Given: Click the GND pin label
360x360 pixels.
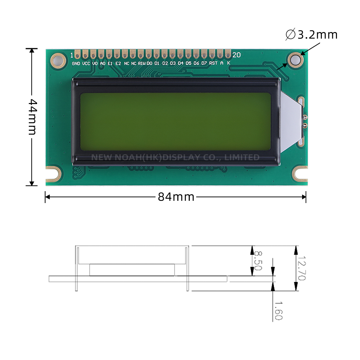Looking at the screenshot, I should (x=76, y=63).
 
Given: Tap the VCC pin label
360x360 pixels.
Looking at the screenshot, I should (x=86, y=63).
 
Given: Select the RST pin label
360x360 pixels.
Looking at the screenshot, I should (x=213, y=63).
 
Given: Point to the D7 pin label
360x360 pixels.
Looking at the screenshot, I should (x=204, y=63).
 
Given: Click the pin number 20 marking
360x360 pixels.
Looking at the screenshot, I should (x=237, y=55).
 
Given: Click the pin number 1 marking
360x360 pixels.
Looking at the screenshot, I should (x=72, y=55).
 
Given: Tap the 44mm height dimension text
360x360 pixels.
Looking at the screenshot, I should (x=32, y=117).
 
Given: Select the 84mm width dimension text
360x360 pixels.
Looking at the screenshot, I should (x=176, y=197).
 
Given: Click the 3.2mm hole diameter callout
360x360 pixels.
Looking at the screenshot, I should (x=312, y=35).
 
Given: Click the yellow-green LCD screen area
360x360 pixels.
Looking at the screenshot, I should (x=175, y=122).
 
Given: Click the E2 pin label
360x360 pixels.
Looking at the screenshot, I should (x=118, y=63).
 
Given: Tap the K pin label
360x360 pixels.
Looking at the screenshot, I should (x=229, y=63).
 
